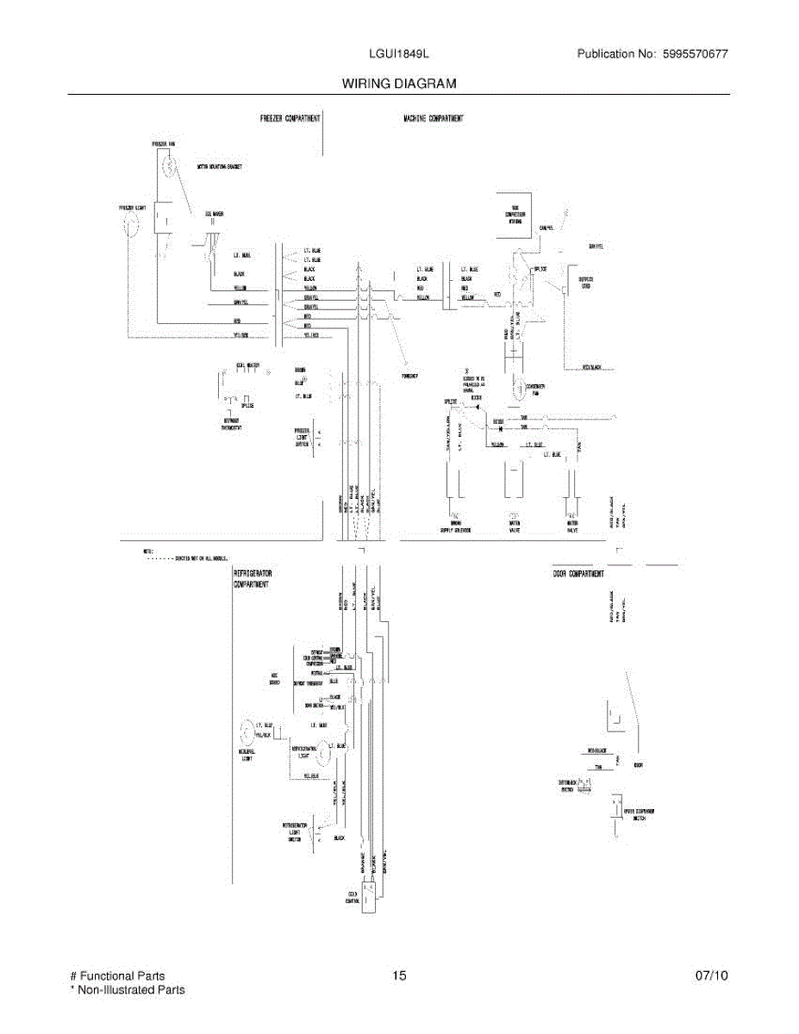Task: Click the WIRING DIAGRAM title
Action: [398, 84]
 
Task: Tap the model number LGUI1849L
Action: [399, 54]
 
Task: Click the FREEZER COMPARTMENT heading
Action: [290, 118]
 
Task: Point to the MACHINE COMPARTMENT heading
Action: [434, 118]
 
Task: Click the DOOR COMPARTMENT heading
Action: [578, 573]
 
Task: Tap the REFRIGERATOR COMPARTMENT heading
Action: [252, 578]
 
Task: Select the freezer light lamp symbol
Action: [131, 226]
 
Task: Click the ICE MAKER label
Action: [215, 214]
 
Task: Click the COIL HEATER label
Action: [247, 365]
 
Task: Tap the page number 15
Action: [398, 975]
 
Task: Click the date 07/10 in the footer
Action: [712, 975]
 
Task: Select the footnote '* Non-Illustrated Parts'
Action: [127, 990]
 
